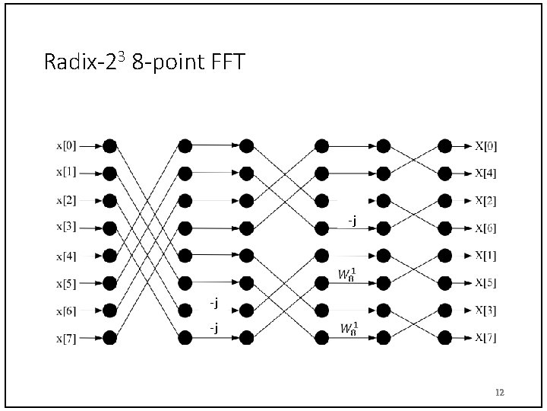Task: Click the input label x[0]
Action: click(x=65, y=145)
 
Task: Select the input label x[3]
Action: click(x=65, y=227)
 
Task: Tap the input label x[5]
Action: click(x=65, y=284)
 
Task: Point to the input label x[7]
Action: click(x=65, y=338)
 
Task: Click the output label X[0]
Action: click(x=486, y=146)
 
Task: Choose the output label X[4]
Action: click(x=486, y=174)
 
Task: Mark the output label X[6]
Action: click(x=486, y=228)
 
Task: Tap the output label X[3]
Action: click(x=486, y=311)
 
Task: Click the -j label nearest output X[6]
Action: click(x=352, y=221)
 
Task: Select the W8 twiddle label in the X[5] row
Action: click(x=348, y=275)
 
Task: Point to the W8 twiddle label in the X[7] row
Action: click(x=349, y=329)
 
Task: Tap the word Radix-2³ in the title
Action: click(x=85, y=61)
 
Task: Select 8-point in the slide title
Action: click(x=161, y=61)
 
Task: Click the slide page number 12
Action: click(x=499, y=393)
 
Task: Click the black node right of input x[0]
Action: click(x=110, y=145)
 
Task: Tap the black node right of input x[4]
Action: click(x=110, y=255)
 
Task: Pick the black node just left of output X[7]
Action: click(x=444, y=337)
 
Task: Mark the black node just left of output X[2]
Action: click(x=444, y=201)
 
